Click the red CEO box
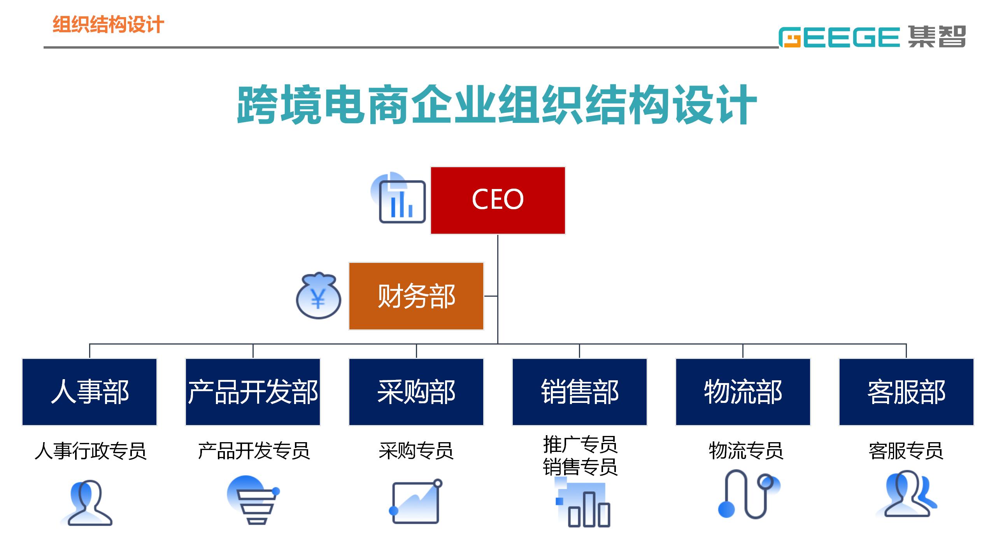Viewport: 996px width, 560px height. [x=498, y=200]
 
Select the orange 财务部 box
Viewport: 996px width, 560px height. [x=416, y=296]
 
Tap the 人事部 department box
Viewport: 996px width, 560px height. [x=89, y=392]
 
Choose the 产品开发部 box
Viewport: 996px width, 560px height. [x=253, y=392]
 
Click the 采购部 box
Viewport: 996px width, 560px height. [x=416, y=392]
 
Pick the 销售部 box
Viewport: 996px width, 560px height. [x=580, y=392]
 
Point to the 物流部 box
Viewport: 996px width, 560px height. [x=743, y=392]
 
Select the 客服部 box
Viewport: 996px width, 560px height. [x=907, y=392]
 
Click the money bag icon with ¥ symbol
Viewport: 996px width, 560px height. [x=319, y=296]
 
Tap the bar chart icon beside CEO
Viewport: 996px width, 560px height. [x=398, y=198]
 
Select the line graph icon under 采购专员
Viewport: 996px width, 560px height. [x=416, y=501]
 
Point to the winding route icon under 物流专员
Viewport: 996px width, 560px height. [x=749, y=494]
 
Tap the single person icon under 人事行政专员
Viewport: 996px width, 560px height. [x=86, y=503]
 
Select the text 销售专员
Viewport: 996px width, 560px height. [x=580, y=467]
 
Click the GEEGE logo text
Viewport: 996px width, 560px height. [x=839, y=37]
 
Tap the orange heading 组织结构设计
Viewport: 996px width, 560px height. [x=108, y=24]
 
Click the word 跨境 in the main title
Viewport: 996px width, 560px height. [x=279, y=105]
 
